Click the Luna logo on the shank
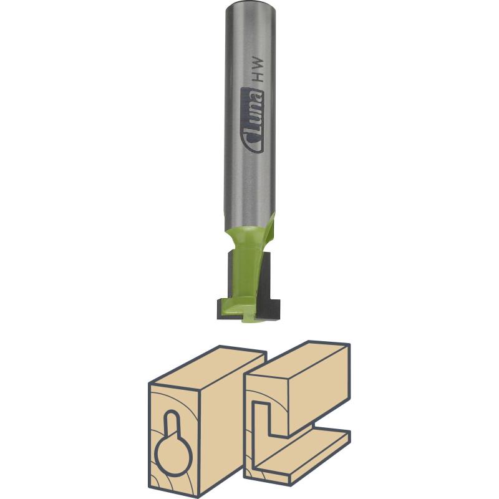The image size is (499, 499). tap(253, 120)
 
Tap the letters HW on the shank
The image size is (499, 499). tap(257, 70)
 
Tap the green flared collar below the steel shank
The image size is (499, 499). tap(246, 236)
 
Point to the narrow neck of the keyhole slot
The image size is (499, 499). tap(172, 425)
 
